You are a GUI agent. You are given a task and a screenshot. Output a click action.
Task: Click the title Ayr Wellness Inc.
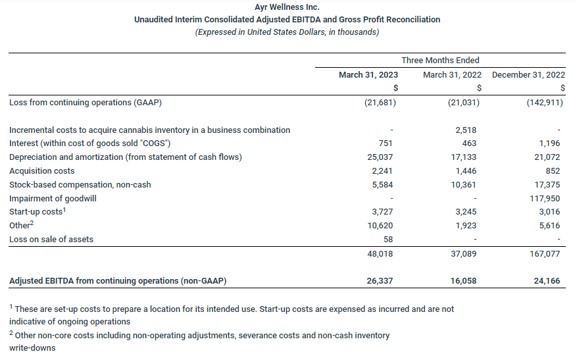click(x=287, y=7)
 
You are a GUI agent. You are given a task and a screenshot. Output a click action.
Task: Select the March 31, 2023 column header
click(x=368, y=75)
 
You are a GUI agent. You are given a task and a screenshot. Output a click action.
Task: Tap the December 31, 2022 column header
click(x=528, y=75)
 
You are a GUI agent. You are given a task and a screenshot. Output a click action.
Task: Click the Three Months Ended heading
click(x=440, y=61)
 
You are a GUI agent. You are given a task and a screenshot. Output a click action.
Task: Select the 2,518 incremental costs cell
click(x=465, y=130)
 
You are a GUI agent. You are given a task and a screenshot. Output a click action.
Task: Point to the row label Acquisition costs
click(x=42, y=171)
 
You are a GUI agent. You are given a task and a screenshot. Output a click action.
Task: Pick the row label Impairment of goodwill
click(x=53, y=198)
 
